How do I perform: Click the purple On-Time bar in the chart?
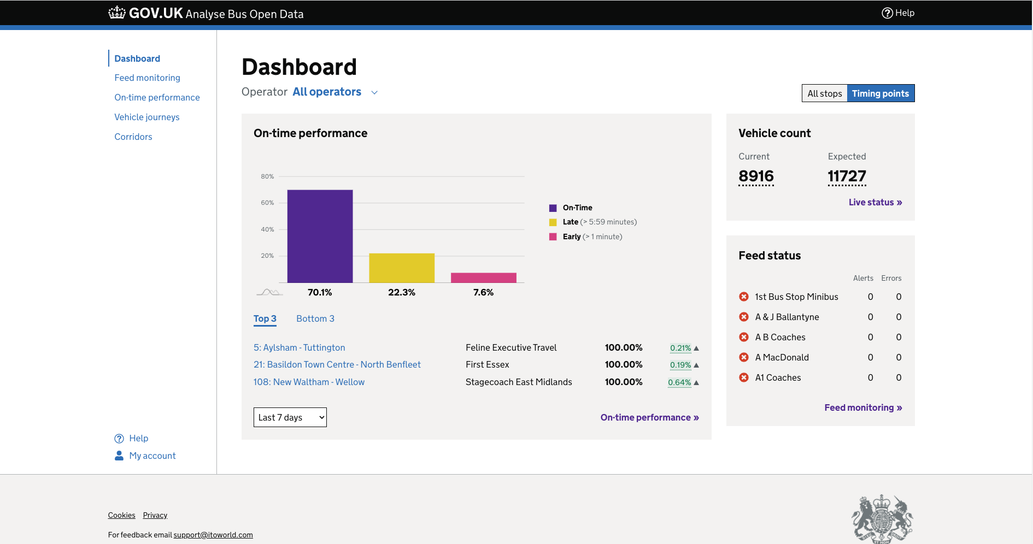click(320, 236)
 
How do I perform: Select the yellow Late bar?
click(402, 268)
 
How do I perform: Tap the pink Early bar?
click(483, 277)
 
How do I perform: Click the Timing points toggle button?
click(880, 93)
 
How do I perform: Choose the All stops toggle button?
click(824, 93)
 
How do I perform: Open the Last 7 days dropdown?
click(290, 417)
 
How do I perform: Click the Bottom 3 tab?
click(315, 318)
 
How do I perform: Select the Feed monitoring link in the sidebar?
click(147, 78)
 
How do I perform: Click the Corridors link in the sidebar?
click(133, 137)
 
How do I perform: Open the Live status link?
click(874, 202)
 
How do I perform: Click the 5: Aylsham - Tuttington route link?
click(299, 347)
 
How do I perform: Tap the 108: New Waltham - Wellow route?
click(309, 382)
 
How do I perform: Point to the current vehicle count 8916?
click(756, 176)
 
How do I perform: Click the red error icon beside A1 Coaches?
click(744, 377)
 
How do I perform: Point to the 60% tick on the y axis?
click(267, 203)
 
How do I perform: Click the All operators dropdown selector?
click(334, 92)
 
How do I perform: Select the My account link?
click(152, 456)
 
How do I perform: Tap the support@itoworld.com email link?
click(213, 535)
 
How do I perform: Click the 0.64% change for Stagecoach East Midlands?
click(679, 382)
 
